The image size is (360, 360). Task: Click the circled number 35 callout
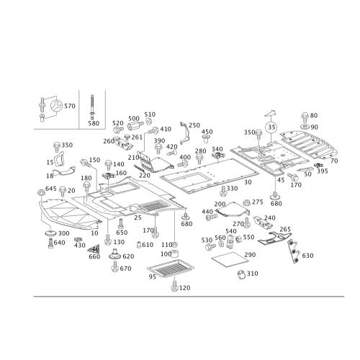tap(271, 127)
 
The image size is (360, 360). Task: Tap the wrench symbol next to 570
tap(56, 106)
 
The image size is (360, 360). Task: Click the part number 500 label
tap(134, 119)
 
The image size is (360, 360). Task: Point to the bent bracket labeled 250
tap(186, 134)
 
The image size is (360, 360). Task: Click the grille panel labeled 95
tap(171, 268)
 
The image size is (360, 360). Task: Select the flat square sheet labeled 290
tap(228, 260)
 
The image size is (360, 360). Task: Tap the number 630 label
tap(307, 256)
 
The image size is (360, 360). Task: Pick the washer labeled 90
tap(305, 127)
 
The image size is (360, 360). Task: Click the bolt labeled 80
tap(305, 117)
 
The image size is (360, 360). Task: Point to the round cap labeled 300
tap(50, 233)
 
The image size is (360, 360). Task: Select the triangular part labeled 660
tap(95, 249)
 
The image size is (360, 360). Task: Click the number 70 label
tap(334, 161)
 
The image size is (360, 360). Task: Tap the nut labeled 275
tap(246, 203)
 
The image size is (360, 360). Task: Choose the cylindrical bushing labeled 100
tap(176, 253)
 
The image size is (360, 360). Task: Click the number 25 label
tap(138, 217)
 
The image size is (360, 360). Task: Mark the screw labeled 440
tap(212, 217)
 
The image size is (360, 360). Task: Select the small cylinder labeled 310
tap(241, 274)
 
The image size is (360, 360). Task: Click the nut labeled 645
tap(41, 192)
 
